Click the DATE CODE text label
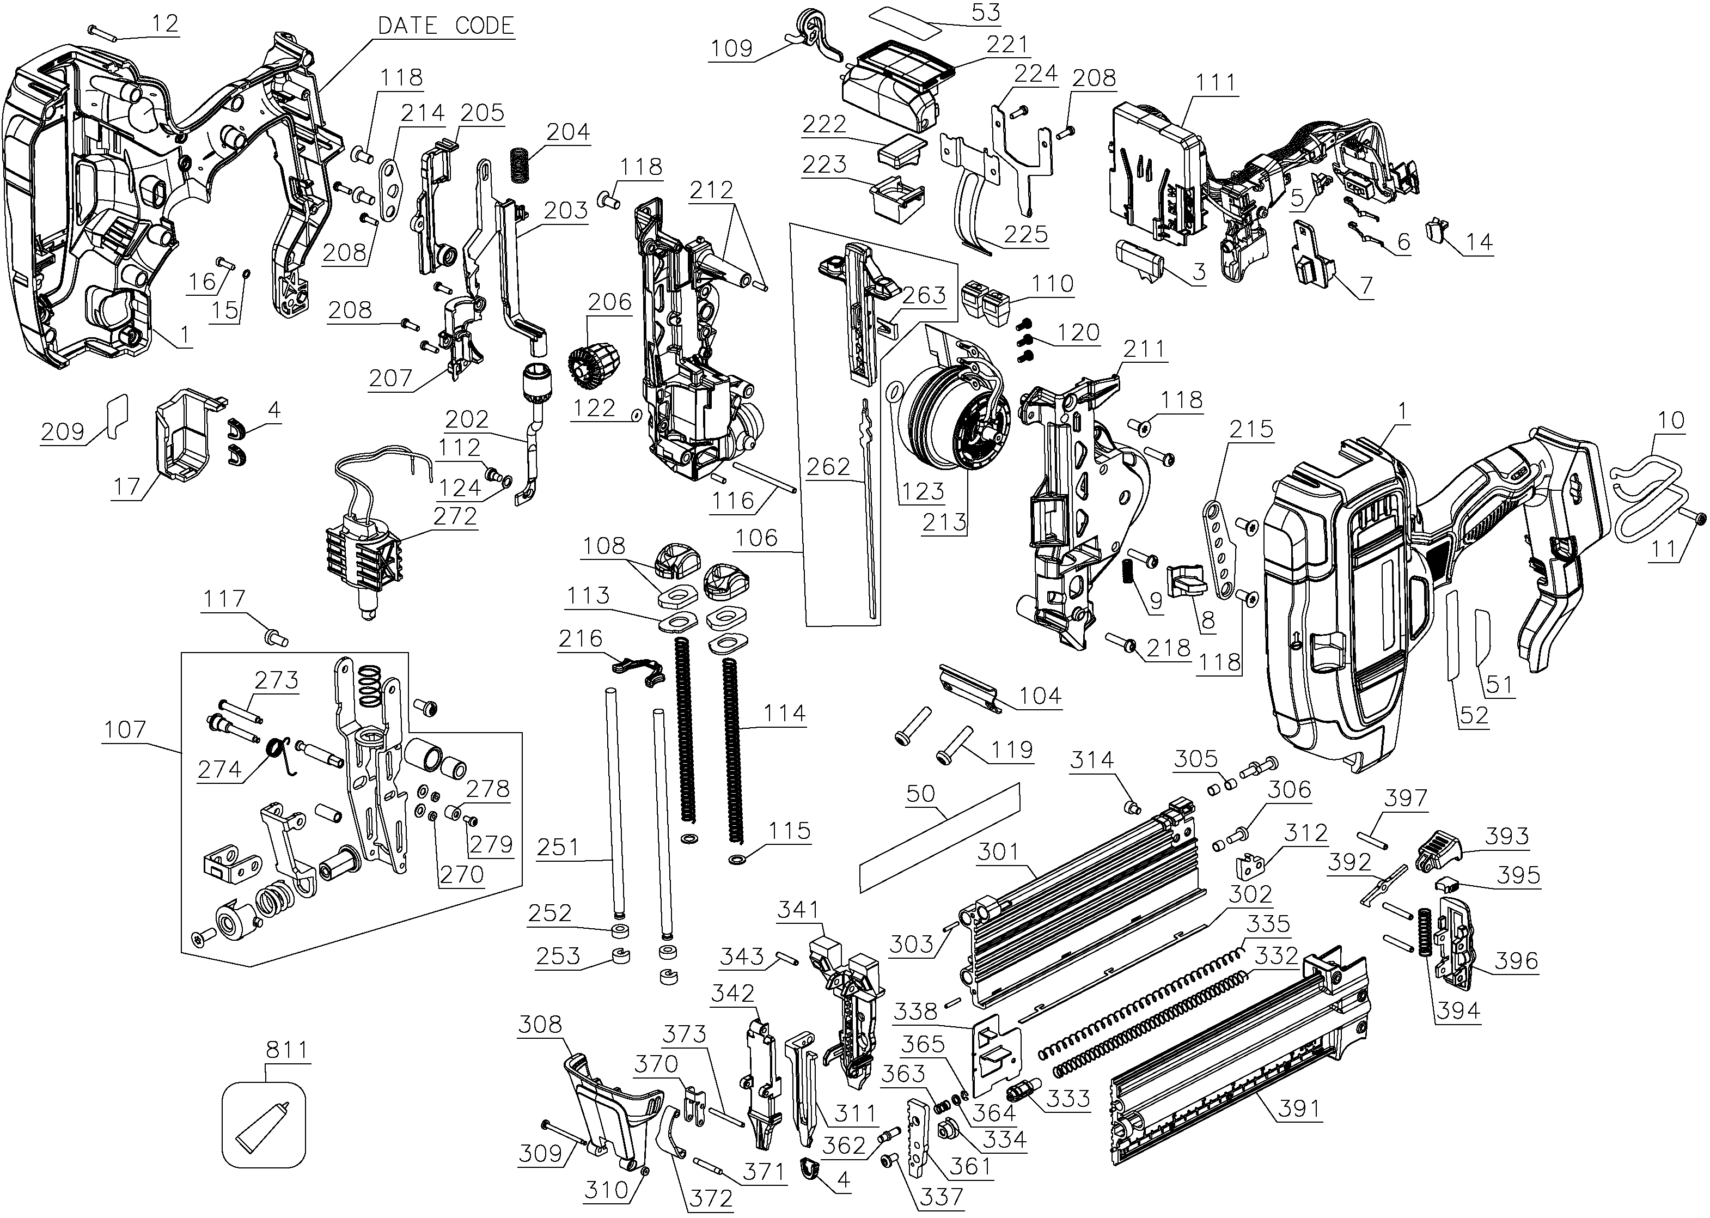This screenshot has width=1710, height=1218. coord(445,26)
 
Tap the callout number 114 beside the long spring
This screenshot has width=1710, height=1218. coord(784,713)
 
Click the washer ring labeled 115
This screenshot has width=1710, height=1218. coord(737,858)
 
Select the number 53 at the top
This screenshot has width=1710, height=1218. coord(985,13)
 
